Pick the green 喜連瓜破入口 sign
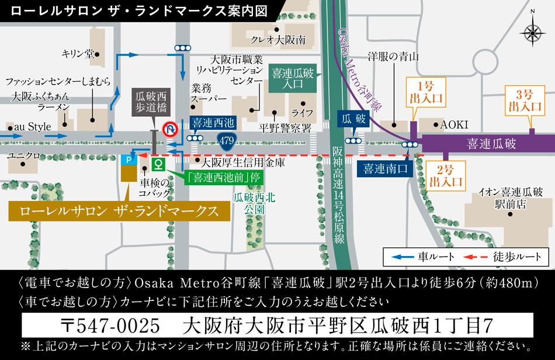click(x=293, y=79)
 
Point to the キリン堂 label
click(x=77, y=54)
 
